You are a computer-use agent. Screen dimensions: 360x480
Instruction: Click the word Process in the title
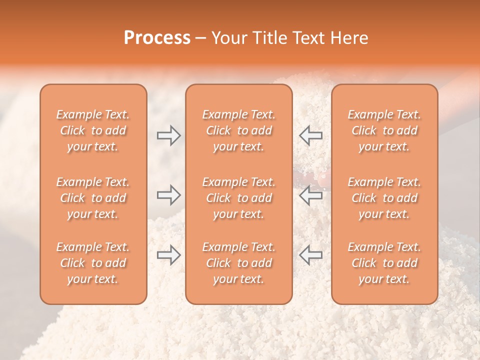pos(157,38)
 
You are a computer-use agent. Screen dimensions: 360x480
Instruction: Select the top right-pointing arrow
pos(168,135)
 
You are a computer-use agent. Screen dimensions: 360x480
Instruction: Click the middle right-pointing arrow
pos(168,195)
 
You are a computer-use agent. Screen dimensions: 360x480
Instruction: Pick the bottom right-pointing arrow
pos(168,255)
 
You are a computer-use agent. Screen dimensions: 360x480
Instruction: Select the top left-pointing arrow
pos(310,135)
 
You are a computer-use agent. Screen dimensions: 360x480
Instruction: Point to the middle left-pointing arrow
pos(310,195)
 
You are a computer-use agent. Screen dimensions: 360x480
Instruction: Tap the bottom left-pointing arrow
pos(310,255)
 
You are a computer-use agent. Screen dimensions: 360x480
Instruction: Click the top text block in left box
pos(93,130)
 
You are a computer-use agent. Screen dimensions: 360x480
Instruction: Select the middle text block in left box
pos(93,198)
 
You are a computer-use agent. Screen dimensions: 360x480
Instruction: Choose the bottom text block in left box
pos(93,263)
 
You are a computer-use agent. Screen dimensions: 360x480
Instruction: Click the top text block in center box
pos(239,130)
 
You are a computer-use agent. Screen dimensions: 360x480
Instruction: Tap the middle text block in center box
pos(239,198)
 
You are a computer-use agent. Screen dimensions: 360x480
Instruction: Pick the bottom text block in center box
pos(239,263)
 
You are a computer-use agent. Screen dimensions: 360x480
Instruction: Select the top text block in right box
pos(384,130)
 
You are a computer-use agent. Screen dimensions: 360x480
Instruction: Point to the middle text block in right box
pos(384,198)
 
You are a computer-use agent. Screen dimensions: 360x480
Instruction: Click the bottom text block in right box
pos(384,263)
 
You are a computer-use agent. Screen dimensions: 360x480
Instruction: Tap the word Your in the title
pos(227,38)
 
